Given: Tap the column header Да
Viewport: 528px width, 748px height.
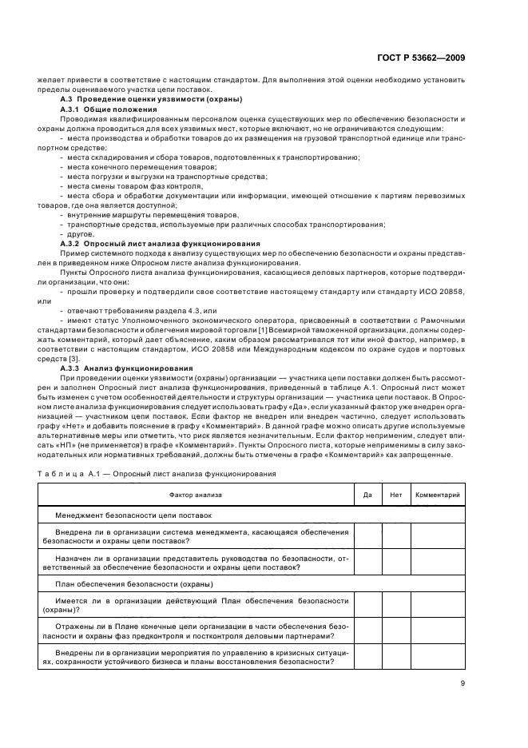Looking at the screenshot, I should (x=367, y=495).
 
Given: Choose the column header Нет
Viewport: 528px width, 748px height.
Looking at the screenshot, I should (x=395, y=495).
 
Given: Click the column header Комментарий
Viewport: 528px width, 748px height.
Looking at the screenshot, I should (x=437, y=495).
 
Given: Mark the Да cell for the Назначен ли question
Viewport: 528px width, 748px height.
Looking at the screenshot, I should (x=367, y=563).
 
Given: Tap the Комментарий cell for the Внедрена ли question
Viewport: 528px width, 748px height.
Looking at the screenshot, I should (x=437, y=535).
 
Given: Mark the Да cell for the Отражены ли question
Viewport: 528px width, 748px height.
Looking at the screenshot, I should (x=367, y=631).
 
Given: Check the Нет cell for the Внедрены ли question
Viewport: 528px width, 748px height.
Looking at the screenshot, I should (x=395, y=658).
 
